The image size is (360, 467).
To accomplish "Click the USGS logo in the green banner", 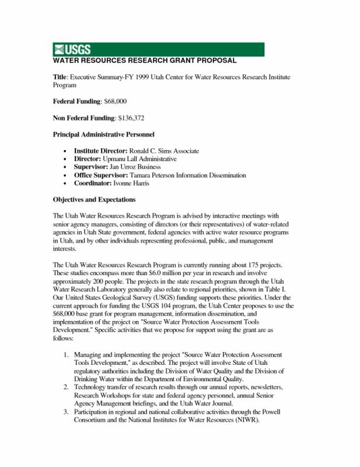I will [72, 50].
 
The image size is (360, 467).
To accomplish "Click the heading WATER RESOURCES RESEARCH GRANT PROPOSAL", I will [145, 61].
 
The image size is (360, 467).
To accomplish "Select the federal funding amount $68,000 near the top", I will [116, 102].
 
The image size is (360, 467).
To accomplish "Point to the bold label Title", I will [60, 77].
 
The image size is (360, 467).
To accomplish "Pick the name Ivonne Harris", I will [134, 183].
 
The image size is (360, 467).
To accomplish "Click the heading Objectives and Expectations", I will [94, 200].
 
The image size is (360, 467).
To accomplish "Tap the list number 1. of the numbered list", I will [67, 355].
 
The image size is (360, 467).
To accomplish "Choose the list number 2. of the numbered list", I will [67, 387].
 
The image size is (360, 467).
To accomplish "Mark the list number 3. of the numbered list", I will [67, 412].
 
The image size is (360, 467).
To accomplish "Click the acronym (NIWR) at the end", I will [246, 420].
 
